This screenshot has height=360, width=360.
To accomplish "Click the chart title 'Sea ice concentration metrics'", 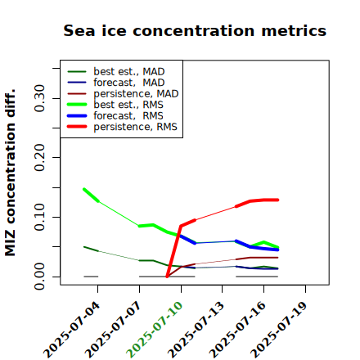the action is (195, 30).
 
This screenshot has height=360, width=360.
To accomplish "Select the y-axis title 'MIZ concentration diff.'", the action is (10, 173).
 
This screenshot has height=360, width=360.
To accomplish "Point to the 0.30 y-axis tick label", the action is (40, 98).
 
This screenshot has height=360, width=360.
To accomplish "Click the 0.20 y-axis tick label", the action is (40, 158).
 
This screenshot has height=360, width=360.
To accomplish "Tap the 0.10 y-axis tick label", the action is (40, 217).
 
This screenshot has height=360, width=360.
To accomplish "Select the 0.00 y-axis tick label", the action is (40, 277).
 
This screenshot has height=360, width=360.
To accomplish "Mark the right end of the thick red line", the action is (277, 200).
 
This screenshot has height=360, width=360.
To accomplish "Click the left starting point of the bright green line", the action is (84, 189).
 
